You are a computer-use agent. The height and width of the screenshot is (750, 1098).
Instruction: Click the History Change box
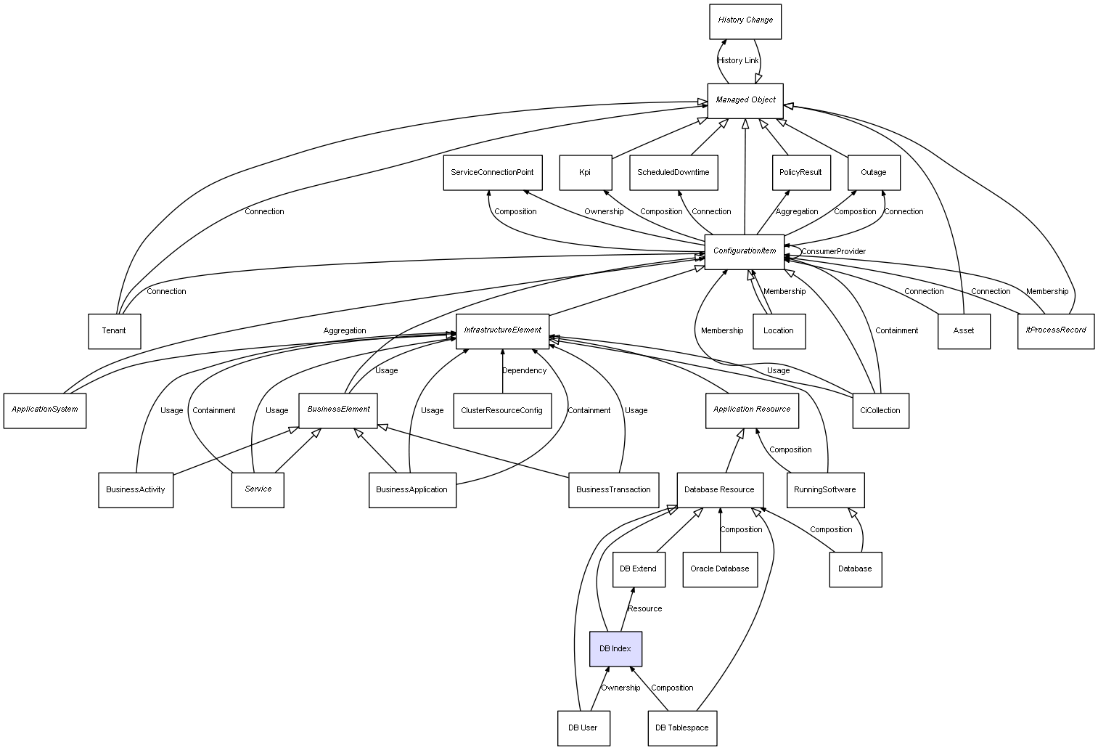(745, 21)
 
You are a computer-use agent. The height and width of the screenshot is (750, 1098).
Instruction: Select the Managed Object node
(745, 100)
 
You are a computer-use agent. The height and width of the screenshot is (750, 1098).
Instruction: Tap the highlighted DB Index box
(615, 648)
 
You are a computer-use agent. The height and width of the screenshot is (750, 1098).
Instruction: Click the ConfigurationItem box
(745, 251)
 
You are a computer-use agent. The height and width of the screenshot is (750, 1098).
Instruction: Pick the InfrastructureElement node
(502, 330)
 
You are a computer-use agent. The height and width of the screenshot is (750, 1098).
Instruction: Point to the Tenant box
(114, 331)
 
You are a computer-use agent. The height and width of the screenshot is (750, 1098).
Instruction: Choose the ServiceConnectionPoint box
(492, 173)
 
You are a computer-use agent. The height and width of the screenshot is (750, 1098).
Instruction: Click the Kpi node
(585, 173)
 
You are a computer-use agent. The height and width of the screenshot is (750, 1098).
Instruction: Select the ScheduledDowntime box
(673, 173)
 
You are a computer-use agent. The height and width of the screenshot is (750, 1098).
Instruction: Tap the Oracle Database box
(720, 568)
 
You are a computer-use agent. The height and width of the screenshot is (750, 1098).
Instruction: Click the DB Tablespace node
(682, 727)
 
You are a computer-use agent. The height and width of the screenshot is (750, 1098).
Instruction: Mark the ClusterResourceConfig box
(501, 410)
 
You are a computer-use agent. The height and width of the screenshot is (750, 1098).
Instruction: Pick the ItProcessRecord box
(1056, 330)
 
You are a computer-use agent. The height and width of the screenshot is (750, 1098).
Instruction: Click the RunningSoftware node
(825, 489)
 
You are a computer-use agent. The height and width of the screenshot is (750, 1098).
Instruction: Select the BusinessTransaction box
(613, 489)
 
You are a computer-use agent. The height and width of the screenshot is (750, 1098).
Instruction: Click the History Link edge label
(738, 60)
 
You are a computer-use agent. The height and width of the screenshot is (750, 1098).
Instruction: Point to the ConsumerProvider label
(833, 251)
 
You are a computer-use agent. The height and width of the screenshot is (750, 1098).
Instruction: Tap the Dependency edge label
(524, 370)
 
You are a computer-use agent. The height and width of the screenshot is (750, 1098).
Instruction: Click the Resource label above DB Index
(644, 608)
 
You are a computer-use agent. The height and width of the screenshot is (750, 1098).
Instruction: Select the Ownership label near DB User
(620, 688)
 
